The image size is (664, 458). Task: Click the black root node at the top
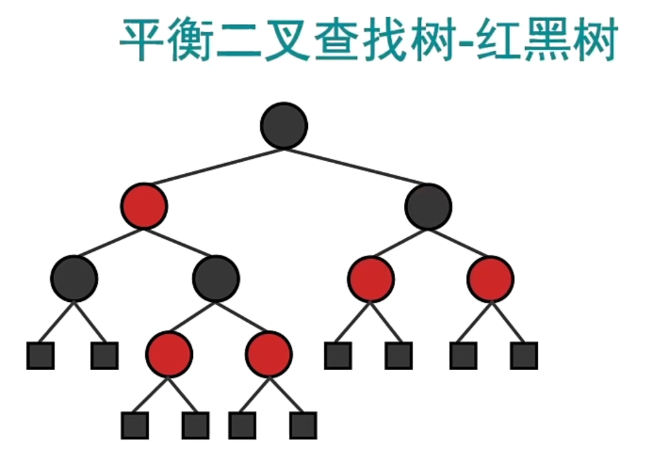point(284,125)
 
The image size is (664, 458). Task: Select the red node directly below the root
point(144,206)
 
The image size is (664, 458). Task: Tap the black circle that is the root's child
point(428,206)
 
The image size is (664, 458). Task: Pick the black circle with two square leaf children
point(74,277)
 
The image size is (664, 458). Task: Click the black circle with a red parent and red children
point(216,277)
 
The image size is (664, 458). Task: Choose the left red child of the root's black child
point(371,277)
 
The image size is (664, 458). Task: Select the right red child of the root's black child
point(490,277)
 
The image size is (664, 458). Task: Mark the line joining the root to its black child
point(357,166)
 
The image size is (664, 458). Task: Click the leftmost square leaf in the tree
point(40,355)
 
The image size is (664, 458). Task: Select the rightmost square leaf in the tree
point(524,355)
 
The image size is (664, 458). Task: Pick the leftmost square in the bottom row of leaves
point(134,425)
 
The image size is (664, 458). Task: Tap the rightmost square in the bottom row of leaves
point(303,425)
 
